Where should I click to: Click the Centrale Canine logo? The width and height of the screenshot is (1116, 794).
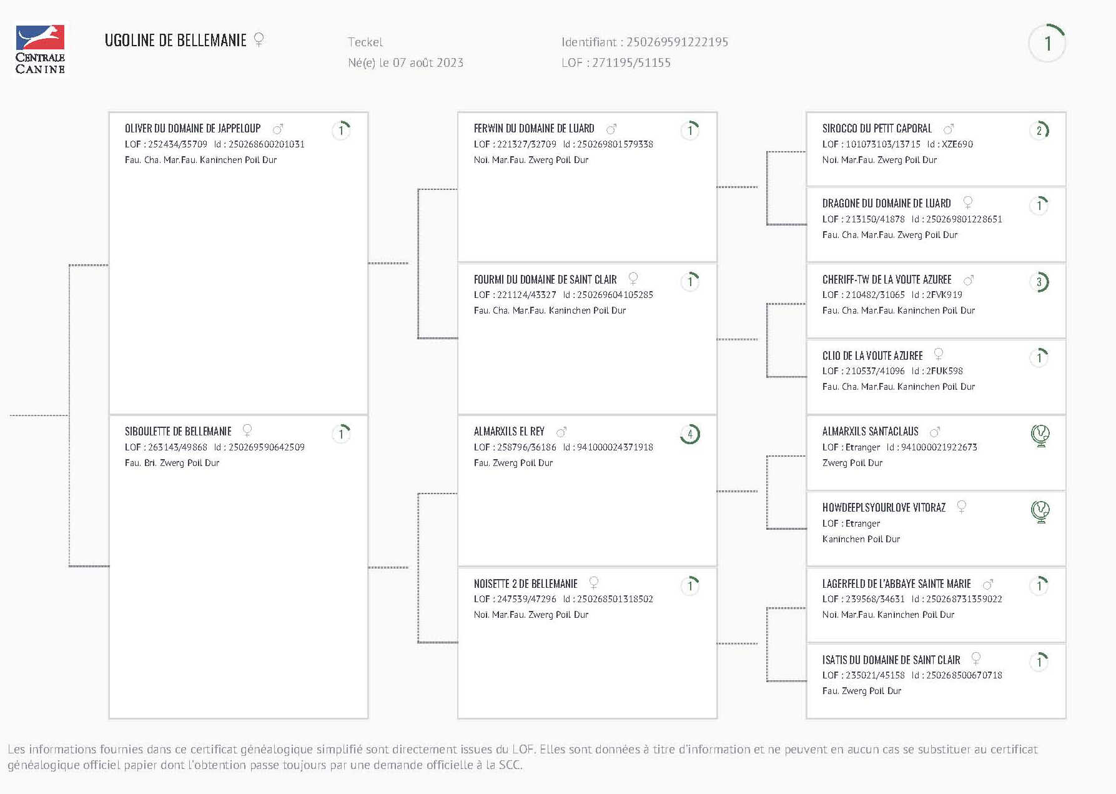[x=40, y=49]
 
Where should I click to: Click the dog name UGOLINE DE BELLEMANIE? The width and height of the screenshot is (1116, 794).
[x=175, y=41]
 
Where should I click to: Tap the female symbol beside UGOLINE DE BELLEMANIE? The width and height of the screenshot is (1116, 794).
[x=259, y=40]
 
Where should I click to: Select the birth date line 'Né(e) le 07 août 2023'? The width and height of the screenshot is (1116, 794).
[x=405, y=62]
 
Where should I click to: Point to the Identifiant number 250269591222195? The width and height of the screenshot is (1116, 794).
[x=677, y=42]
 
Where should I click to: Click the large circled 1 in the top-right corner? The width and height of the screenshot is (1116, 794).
[x=1047, y=43]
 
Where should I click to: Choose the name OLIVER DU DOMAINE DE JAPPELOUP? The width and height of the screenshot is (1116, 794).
[x=192, y=129]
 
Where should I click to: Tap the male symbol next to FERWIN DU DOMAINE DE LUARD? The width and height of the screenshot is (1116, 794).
[x=611, y=129]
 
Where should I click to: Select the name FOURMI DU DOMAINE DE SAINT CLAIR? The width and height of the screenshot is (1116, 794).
[x=545, y=279]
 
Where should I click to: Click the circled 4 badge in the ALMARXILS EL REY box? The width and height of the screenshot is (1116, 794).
[x=689, y=434]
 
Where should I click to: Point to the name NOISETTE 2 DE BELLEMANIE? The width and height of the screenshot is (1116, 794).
[x=525, y=583]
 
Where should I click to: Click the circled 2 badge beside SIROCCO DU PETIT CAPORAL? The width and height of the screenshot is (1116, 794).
[x=1039, y=131]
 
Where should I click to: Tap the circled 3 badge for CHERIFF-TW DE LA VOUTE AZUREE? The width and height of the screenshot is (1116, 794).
[x=1039, y=282]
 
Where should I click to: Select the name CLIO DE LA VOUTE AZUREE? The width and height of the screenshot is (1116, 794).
[x=872, y=355]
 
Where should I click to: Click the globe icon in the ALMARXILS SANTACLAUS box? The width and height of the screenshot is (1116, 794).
[x=1040, y=435]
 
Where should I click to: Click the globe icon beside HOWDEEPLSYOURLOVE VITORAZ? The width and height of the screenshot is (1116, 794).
[x=1040, y=511]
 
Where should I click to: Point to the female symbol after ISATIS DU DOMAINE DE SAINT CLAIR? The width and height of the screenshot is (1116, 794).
[x=975, y=658]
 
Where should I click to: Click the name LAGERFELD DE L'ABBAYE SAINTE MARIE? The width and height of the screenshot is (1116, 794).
[x=896, y=583]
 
